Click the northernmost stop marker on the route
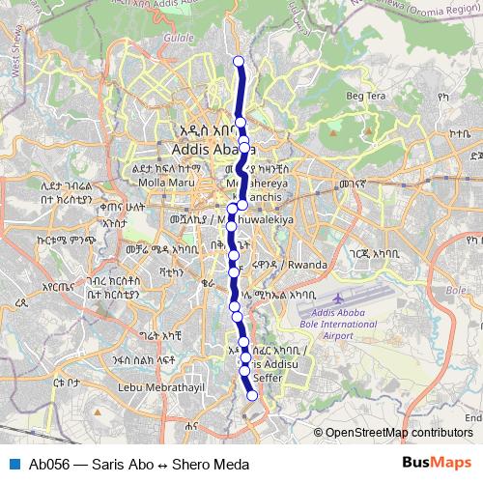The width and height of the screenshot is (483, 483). tap(240, 62)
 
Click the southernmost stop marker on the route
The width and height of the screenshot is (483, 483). tap(253, 395)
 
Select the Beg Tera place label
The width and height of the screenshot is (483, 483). tap(366, 96)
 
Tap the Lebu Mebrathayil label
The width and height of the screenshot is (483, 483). tap(156, 387)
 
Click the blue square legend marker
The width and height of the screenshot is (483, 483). tap(13, 464)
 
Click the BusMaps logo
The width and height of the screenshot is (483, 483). tap(438, 464)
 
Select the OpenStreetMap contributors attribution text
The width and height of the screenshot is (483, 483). tap(399, 434)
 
